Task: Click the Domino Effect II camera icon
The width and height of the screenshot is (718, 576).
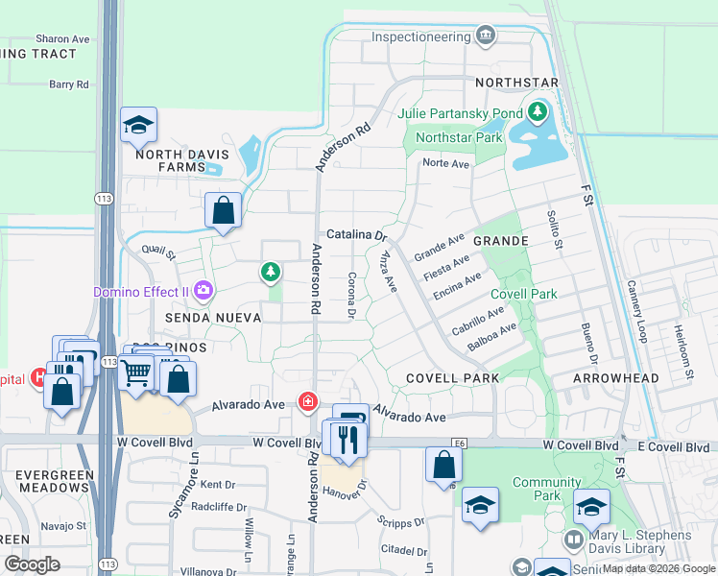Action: pos(203,289)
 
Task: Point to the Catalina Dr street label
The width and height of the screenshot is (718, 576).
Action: pos(356,234)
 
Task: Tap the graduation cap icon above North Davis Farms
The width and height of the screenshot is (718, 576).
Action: pos(139,124)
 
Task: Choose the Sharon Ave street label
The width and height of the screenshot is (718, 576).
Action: pos(62,39)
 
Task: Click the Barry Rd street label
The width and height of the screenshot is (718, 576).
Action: pos(69,84)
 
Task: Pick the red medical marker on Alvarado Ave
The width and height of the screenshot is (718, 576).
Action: pos(308,400)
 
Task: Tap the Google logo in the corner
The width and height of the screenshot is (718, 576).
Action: pos(32,564)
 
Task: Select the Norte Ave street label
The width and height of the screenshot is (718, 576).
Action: pos(445,164)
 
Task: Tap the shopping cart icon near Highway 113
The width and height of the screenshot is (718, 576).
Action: pos(137,369)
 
